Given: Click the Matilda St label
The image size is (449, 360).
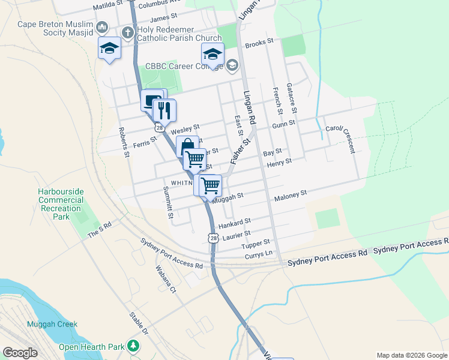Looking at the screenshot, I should (x=107, y=7).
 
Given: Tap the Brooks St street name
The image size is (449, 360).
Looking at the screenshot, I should (x=259, y=43).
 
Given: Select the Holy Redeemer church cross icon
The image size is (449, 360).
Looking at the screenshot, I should (x=127, y=31).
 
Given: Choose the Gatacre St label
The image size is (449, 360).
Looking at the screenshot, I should (x=292, y=98).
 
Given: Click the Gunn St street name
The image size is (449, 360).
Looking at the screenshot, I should (x=283, y=124).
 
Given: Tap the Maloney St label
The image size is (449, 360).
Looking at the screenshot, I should (x=291, y=194).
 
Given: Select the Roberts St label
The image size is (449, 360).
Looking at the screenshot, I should (x=124, y=142).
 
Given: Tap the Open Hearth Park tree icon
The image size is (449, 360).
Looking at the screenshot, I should (x=133, y=346).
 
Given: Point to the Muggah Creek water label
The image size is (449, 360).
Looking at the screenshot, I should (x=52, y=324).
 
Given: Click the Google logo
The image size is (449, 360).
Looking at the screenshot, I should (x=20, y=353).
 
